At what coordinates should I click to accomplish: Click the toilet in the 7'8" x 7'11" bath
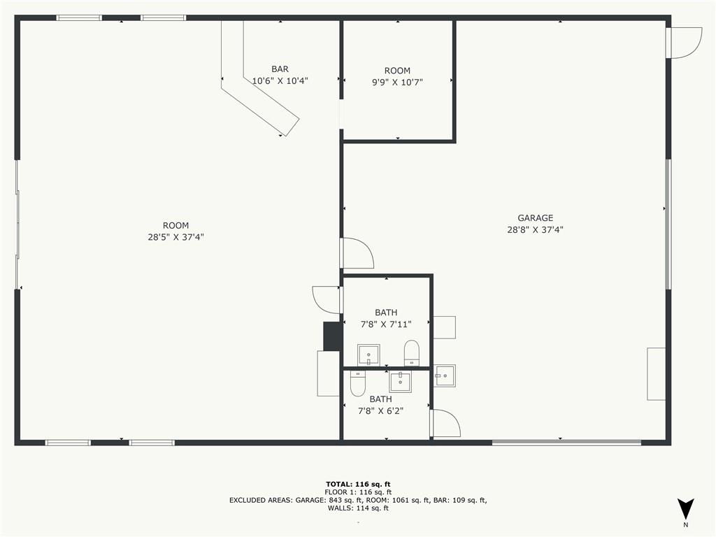tap(412, 352)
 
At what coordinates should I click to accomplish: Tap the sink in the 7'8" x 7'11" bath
tap(368, 355)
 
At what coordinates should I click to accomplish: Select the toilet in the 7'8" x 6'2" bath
tap(358, 382)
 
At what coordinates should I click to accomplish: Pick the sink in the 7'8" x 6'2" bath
tap(401, 382)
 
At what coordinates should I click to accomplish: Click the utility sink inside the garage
tap(445, 375)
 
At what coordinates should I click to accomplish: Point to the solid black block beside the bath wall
tap(332, 336)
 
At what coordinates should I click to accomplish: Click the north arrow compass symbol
tap(685, 508)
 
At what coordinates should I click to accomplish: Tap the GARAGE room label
tap(535, 218)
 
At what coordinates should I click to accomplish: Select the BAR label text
tap(280, 69)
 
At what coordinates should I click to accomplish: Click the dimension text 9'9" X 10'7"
tap(397, 82)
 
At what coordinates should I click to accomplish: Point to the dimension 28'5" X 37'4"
tap(176, 237)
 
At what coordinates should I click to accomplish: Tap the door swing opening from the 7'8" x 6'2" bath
tap(445, 424)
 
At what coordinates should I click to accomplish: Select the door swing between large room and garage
tap(357, 253)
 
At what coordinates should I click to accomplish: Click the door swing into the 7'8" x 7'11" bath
tap(327, 299)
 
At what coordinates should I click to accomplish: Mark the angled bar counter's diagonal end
tap(289, 127)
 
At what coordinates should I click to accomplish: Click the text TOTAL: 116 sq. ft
tap(358, 483)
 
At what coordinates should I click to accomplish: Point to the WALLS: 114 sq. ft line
tap(358, 508)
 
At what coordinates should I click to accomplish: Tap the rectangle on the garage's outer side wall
tap(656, 373)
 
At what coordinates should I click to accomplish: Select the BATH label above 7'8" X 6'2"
tap(380, 399)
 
